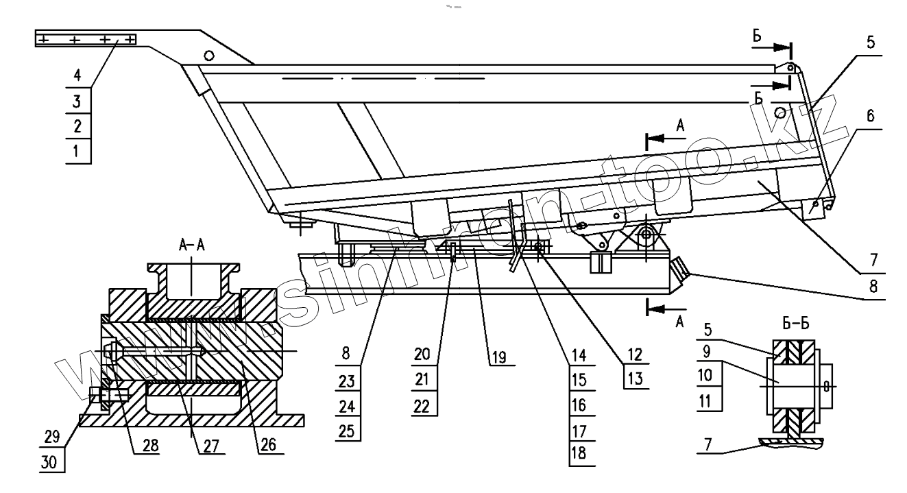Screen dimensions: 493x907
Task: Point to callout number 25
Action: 351,430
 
